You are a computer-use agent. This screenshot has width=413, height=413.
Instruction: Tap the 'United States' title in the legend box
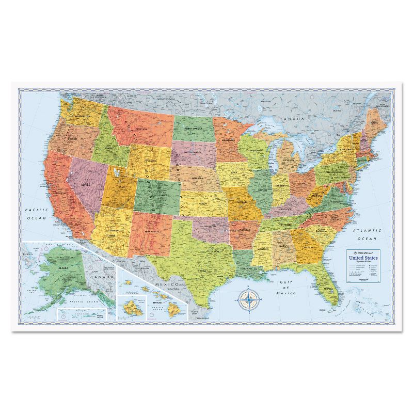[363, 257]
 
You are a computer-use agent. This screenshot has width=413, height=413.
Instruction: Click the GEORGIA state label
[309, 247]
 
